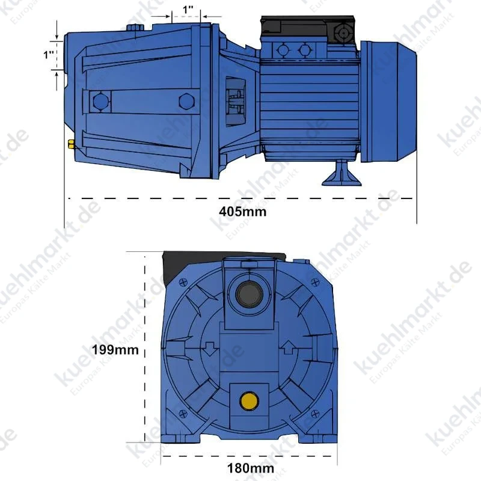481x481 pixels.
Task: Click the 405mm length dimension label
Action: (243, 212)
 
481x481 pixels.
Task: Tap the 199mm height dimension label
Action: (115, 350)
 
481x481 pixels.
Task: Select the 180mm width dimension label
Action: (251, 468)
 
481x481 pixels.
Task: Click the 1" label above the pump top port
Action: (188, 10)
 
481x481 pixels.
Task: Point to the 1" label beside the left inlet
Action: (49, 55)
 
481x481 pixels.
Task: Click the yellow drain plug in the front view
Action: (249, 401)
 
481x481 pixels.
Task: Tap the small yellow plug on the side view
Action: (71, 144)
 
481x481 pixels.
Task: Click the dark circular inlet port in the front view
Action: (249, 294)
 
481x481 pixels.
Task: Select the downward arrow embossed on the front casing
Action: (210, 349)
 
